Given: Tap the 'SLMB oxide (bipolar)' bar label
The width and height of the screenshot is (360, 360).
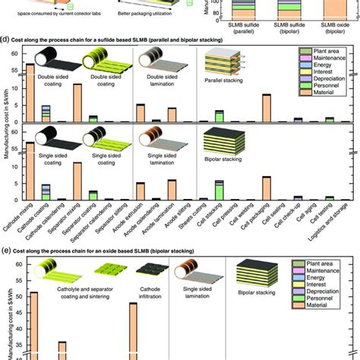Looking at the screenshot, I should coord(330,27).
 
